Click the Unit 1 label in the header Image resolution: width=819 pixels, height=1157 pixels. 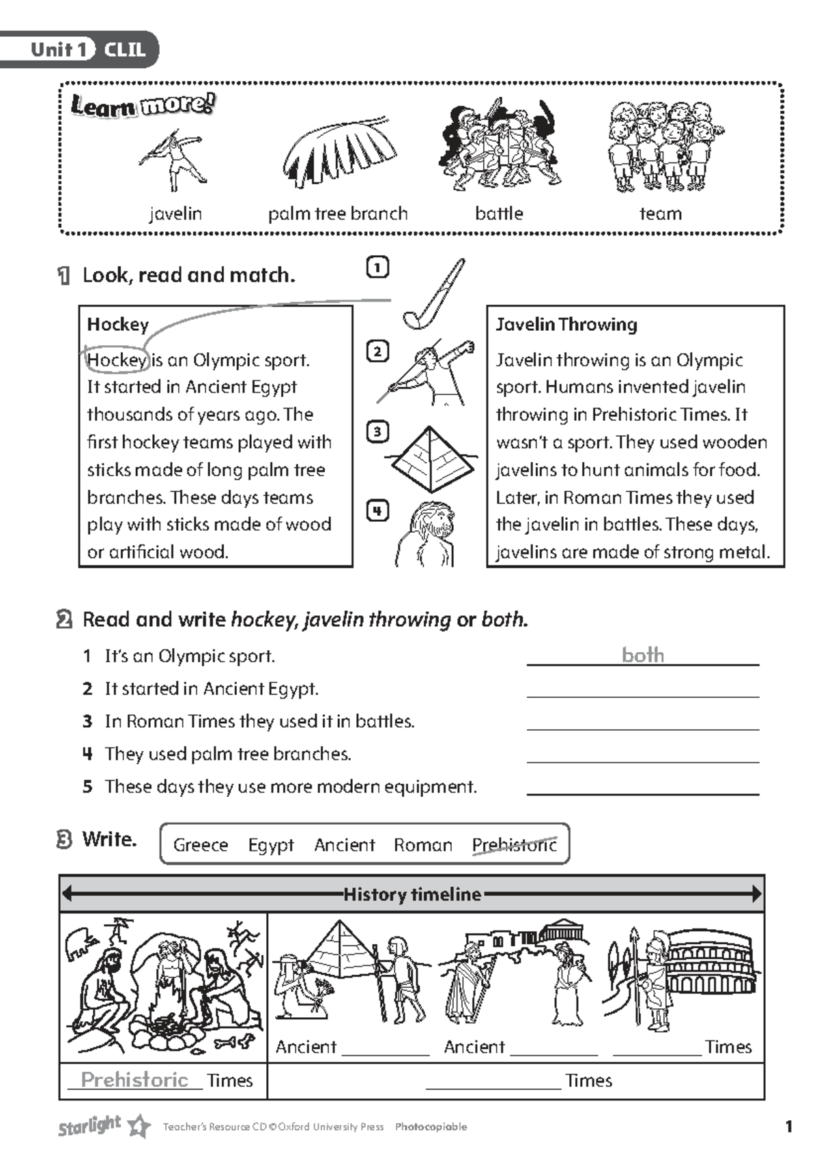(59, 49)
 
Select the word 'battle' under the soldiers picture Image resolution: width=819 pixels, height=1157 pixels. (499, 214)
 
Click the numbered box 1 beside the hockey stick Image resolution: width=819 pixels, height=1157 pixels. (377, 267)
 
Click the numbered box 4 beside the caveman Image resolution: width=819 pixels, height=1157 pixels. (377, 511)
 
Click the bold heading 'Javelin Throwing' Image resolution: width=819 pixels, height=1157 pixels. (566, 325)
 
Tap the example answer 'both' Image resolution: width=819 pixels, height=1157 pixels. (642, 655)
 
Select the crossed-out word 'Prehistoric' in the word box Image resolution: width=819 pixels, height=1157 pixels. (515, 845)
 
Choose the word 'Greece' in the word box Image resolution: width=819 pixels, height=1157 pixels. (201, 845)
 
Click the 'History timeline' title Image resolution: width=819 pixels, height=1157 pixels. (412, 894)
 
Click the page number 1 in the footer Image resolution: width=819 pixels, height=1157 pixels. (789, 1126)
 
